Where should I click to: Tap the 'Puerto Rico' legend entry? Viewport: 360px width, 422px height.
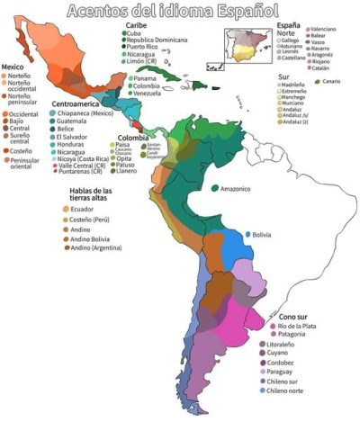point(148,49)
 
